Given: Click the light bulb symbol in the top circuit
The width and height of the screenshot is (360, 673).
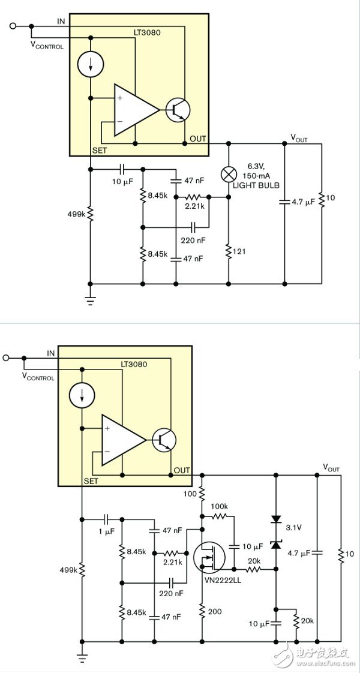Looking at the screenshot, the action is [x=228, y=175].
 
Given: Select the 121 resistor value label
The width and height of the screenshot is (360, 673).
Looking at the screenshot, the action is [x=239, y=252].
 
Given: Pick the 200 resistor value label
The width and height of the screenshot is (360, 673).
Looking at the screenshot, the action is [x=215, y=611].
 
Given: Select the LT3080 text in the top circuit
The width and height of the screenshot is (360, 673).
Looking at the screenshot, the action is [x=147, y=32].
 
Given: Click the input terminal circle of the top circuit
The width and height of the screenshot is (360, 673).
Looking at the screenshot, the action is [x=13, y=26].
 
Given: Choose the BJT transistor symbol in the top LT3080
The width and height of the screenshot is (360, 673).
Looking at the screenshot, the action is [x=178, y=109].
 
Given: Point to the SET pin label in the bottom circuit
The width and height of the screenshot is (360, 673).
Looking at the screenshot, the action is [x=91, y=481].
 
